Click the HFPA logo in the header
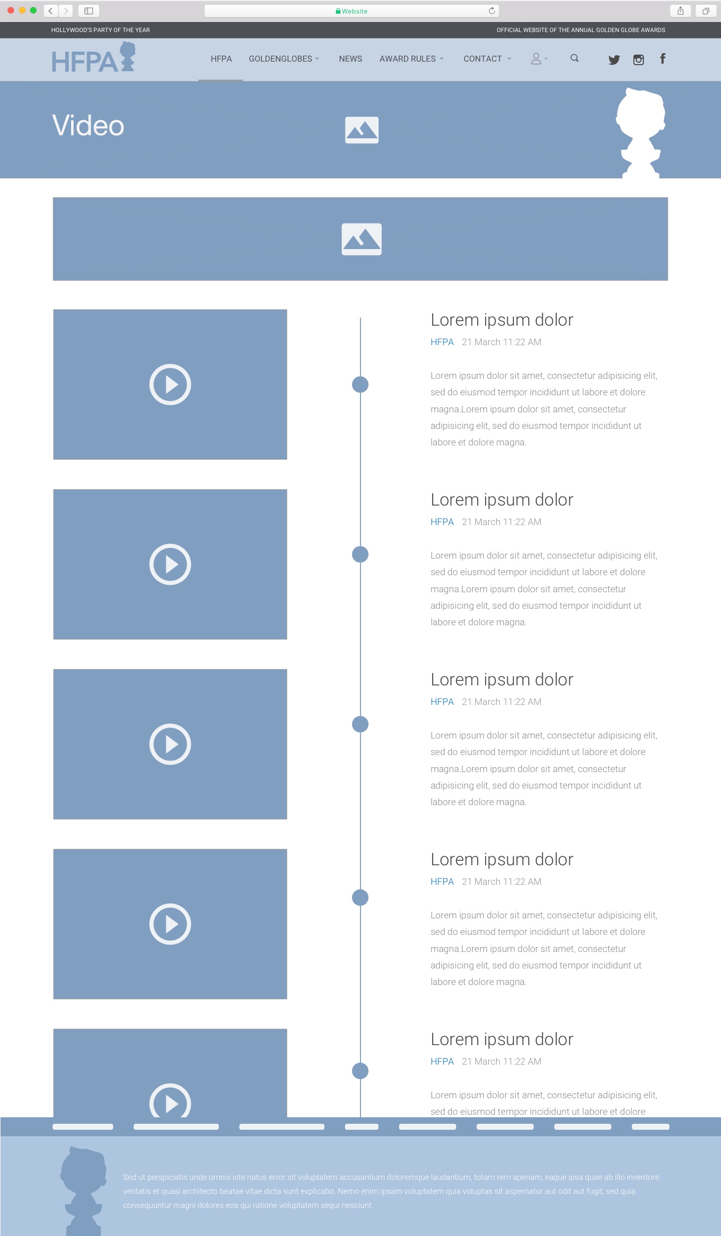click(x=94, y=58)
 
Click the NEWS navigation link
click(x=350, y=59)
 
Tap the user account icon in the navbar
click(x=536, y=59)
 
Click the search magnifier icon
click(x=574, y=58)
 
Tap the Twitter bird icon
click(x=614, y=60)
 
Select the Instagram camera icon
click(x=638, y=60)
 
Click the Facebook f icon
click(x=662, y=59)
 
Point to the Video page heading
click(x=88, y=125)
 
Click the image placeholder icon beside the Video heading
click(x=362, y=130)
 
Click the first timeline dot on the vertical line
click(x=360, y=384)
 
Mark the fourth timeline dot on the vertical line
click(x=360, y=897)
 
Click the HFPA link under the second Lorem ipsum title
click(x=442, y=522)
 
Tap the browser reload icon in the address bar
click(x=492, y=11)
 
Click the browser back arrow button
click(x=51, y=11)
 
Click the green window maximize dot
click(x=33, y=10)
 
